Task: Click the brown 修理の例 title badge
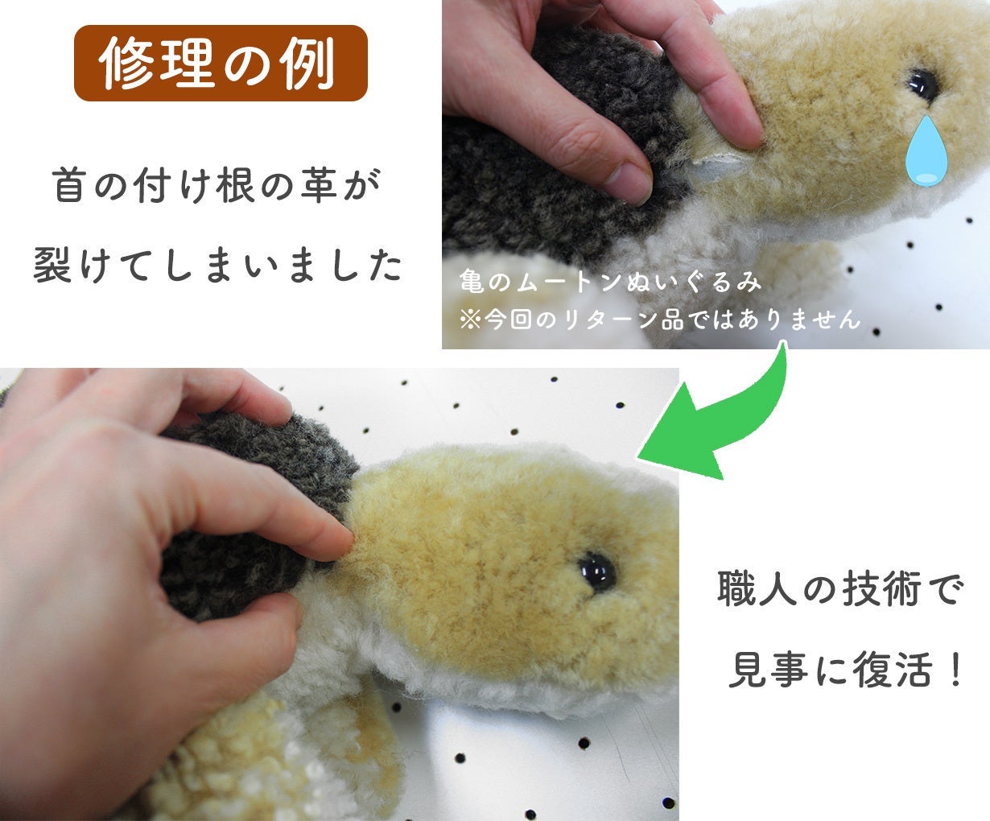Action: [x=221, y=63]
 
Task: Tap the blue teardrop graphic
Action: [x=926, y=151]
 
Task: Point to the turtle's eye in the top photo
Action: [x=923, y=85]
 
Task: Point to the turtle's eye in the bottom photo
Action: [x=596, y=572]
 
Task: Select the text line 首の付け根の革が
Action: [x=217, y=186]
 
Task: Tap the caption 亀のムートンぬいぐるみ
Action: [x=610, y=281]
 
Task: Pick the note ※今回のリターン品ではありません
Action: [x=659, y=319]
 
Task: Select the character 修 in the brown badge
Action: [x=126, y=63]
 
